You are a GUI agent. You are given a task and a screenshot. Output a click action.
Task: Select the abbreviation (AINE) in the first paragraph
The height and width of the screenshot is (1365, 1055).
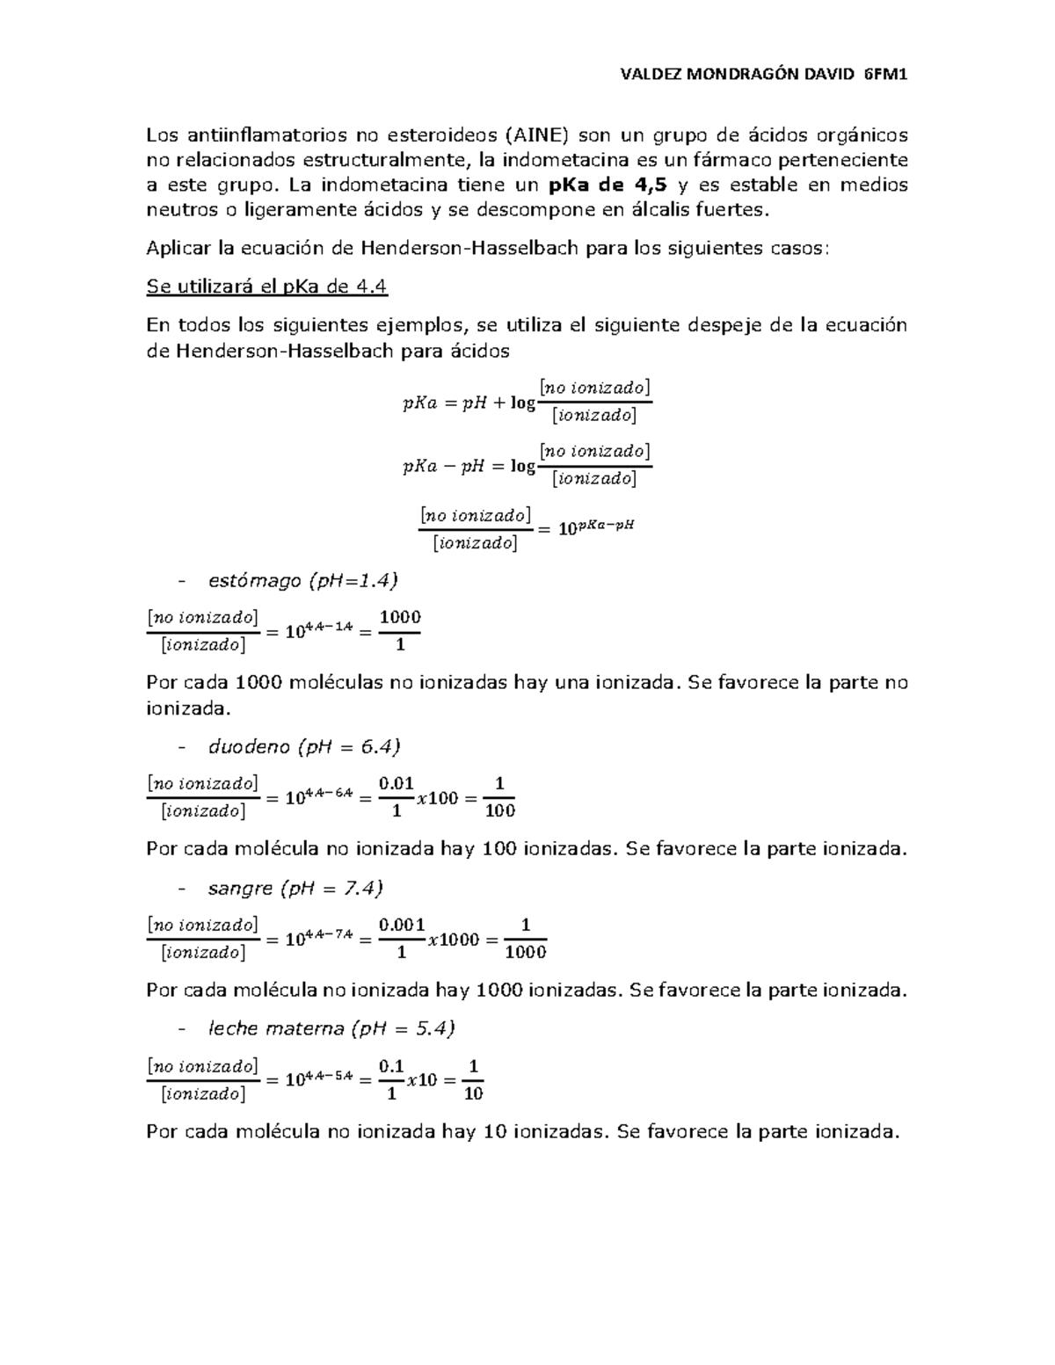[537, 134]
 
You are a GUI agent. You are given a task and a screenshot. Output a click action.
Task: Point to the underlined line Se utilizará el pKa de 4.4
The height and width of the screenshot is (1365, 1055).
[267, 287]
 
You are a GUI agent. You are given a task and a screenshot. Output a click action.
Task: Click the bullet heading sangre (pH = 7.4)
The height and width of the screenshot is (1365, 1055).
[295, 889]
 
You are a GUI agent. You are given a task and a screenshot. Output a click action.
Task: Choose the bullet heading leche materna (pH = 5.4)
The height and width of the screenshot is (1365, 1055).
[331, 1028]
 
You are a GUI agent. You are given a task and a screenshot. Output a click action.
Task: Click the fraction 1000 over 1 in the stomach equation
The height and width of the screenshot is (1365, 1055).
[400, 630]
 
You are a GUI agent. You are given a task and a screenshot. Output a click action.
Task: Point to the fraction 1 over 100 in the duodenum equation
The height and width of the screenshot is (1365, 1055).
[499, 796]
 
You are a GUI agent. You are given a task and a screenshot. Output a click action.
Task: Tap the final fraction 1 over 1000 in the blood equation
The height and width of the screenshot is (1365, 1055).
[527, 938]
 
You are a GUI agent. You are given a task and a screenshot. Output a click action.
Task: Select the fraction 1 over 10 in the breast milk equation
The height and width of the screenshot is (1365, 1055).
[473, 1079]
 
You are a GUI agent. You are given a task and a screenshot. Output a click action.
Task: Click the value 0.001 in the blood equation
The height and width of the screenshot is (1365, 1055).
[402, 925]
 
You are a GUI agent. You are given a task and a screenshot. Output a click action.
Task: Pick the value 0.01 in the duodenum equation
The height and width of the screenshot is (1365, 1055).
[397, 783]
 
